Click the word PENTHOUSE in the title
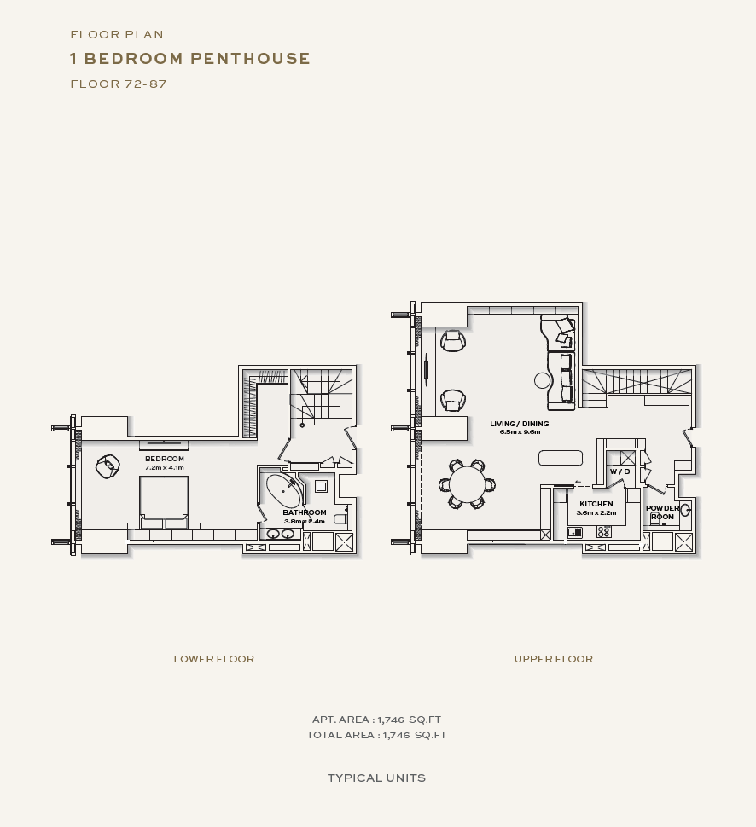[250, 58]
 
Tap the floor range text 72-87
[146, 84]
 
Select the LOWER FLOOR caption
[214, 659]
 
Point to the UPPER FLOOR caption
[553, 659]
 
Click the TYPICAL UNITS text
[376, 778]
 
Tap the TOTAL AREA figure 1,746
[396, 735]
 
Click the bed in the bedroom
[164, 501]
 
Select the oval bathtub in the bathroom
[284, 490]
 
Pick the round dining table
[467, 484]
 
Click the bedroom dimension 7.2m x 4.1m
[164, 468]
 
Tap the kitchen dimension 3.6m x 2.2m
[596, 512]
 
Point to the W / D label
[619, 471]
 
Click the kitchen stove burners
[603, 532]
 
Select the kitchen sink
[574, 533]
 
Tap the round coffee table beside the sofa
[542, 380]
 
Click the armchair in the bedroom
[108, 466]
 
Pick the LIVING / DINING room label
[520, 424]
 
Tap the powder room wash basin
[684, 510]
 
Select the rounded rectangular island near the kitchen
[561, 458]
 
